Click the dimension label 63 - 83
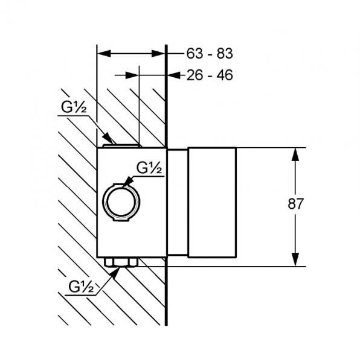click(x=210, y=54)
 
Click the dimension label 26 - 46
click(x=210, y=75)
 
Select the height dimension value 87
click(x=295, y=204)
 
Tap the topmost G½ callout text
click(x=74, y=107)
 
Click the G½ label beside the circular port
click(x=149, y=168)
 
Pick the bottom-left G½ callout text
click(x=81, y=287)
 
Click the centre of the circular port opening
click(x=121, y=202)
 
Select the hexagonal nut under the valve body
click(x=121, y=262)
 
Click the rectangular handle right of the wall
click(x=212, y=202)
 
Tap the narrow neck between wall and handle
click(x=178, y=202)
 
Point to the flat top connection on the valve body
click(x=121, y=146)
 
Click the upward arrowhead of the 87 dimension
click(x=295, y=154)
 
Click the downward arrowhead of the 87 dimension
click(x=295, y=259)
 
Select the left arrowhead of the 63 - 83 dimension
click(x=104, y=54)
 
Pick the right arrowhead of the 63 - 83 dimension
click(x=158, y=54)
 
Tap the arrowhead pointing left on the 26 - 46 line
click(x=174, y=75)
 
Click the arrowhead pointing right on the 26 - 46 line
click(x=132, y=75)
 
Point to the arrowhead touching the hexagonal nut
click(x=115, y=273)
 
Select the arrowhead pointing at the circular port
click(x=128, y=182)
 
